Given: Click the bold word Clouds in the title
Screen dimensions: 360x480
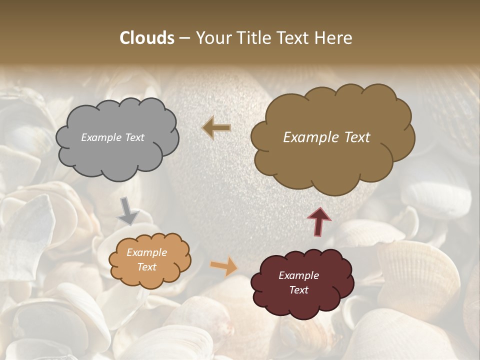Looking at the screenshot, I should tap(147, 38).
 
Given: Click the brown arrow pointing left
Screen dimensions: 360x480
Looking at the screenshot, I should tap(216, 128).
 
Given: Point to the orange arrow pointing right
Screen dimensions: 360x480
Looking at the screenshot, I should tap(224, 265).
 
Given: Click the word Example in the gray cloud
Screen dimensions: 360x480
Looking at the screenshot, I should tap(101, 137).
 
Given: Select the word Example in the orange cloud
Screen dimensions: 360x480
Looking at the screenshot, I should tap(146, 253).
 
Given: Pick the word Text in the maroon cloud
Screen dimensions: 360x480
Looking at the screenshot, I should tap(298, 290).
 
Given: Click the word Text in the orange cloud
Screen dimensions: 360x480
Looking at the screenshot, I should tap(146, 267).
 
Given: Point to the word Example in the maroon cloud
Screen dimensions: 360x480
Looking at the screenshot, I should tap(298, 276).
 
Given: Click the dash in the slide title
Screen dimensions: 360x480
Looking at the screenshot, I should tap(184, 38).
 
